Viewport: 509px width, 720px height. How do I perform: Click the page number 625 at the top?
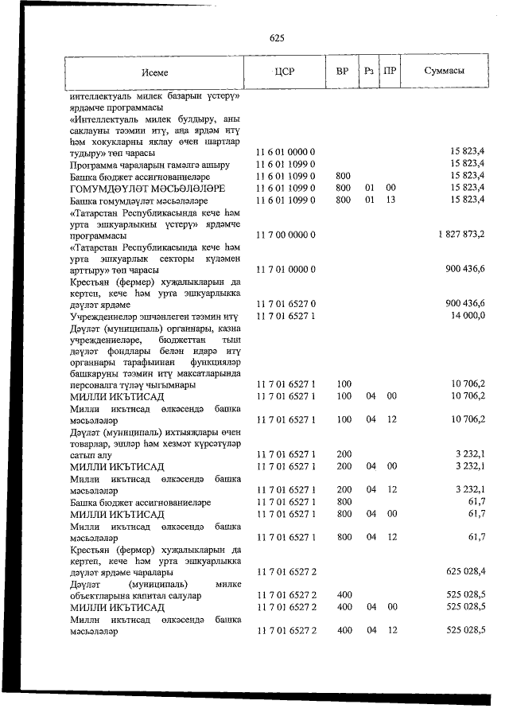click(x=278, y=37)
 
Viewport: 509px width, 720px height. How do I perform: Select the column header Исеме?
click(x=156, y=72)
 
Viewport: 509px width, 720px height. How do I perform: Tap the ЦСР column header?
click(x=284, y=72)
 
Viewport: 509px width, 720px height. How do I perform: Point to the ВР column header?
click(x=343, y=72)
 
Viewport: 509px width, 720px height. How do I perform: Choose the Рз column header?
click(x=369, y=72)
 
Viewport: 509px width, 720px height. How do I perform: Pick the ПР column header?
click(x=390, y=72)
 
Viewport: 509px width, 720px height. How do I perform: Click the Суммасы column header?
click(x=445, y=72)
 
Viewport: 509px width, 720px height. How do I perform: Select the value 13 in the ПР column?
click(x=390, y=200)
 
